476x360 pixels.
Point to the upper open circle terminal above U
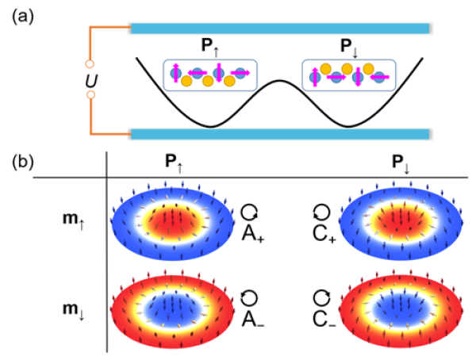[x=90, y=63]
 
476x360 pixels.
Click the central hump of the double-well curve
[x=278, y=82]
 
